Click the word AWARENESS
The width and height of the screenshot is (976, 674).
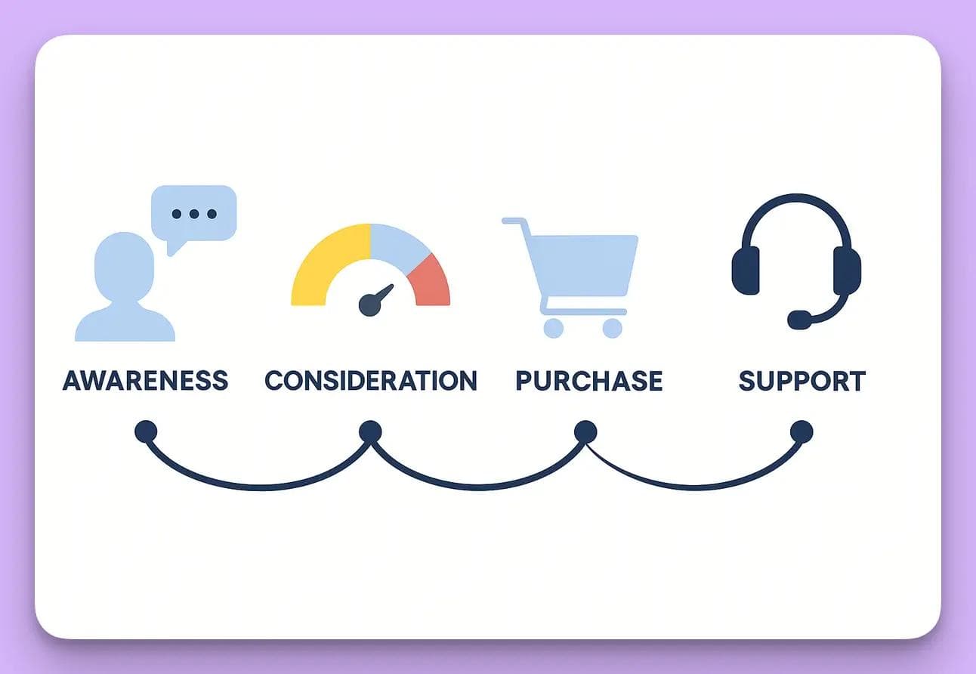click(x=145, y=380)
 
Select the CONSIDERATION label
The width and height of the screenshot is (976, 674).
click(x=371, y=380)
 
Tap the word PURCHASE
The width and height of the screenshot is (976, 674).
click(x=589, y=380)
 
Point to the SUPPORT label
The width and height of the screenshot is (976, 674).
click(x=801, y=380)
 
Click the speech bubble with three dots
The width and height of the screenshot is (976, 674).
click(x=194, y=212)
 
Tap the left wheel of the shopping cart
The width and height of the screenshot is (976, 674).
click(x=554, y=328)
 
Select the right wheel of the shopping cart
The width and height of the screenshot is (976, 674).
click(x=612, y=328)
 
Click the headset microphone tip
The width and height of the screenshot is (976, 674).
click(x=799, y=320)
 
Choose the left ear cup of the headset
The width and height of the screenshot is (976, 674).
click(x=746, y=271)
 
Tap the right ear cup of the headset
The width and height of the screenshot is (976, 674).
click(x=847, y=271)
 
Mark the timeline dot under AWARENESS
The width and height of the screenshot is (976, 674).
click(x=146, y=431)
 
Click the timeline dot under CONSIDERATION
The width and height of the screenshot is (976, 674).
click(x=370, y=431)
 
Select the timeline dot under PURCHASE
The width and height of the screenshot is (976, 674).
click(x=585, y=431)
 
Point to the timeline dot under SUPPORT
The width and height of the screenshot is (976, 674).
click(x=801, y=432)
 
